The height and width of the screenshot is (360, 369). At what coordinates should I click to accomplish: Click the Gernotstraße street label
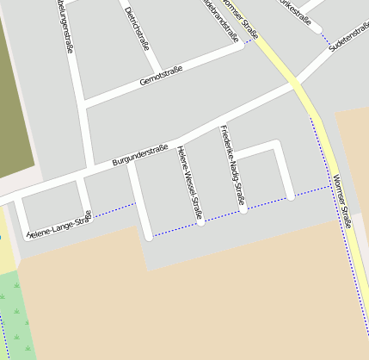[162, 75]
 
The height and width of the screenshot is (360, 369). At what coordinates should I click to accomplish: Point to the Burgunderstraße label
[140, 156]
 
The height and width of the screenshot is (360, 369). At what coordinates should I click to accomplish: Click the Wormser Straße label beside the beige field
[341, 201]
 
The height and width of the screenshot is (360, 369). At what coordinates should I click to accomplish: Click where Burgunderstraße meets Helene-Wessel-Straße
[178, 140]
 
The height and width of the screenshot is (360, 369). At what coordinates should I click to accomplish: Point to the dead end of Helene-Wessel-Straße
[200, 221]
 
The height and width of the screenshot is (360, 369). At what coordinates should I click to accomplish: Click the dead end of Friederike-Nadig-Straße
[243, 208]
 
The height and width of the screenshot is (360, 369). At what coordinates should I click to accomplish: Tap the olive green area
[15, 86]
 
